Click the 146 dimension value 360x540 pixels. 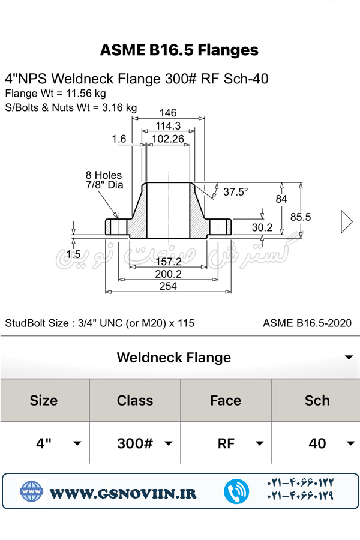(169, 113)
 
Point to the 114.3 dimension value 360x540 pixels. (169, 126)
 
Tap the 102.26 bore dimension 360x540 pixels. (167, 139)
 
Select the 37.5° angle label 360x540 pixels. (236, 192)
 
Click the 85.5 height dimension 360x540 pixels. (301, 217)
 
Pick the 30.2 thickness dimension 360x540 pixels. (262, 228)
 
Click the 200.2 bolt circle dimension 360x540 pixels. (168, 274)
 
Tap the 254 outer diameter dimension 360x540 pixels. (168, 286)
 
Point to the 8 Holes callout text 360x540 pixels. (104, 175)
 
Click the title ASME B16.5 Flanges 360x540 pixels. (179, 50)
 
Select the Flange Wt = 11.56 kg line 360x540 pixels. (55, 94)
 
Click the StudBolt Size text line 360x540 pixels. (100, 323)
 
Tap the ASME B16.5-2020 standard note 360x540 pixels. (307, 323)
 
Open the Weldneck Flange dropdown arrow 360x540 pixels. (349, 358)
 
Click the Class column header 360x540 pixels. (135, 400)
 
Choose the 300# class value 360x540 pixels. (135, 443)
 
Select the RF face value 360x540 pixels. (226, 443)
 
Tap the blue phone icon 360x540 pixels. (236, 491)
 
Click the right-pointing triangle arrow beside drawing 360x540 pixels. (346, 221)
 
